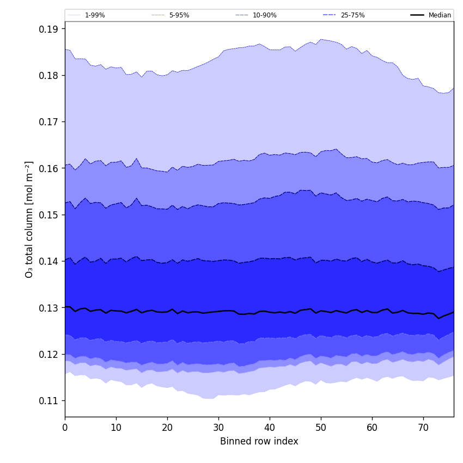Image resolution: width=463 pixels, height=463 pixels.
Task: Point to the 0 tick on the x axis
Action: pyautogui.click(x=65, y=428)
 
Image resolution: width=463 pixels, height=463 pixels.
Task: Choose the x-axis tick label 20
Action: pyautogui.click(x=167, y=428)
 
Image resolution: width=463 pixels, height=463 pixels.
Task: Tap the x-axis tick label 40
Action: pyautogui.click(x=270, y=428)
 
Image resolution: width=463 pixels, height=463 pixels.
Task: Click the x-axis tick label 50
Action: pyautogui.click(x=321, y=428)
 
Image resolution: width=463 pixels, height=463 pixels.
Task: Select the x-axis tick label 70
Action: pyautogui.click(x=423, y=428)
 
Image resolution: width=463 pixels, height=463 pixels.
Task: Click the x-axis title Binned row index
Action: pyautogui.click(x=259, y=442)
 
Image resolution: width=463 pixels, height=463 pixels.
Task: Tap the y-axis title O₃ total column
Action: pyautogui.click(x=29, y=219)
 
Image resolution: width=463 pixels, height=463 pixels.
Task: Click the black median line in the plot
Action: pyautogui.click(x=218, y=311)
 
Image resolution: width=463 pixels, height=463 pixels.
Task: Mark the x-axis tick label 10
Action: pyautogui.click(x=116, y=428)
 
